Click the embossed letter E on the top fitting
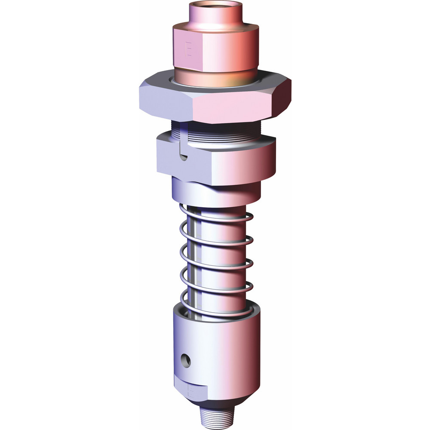point(188,49)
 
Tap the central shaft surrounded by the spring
point(219,258)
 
